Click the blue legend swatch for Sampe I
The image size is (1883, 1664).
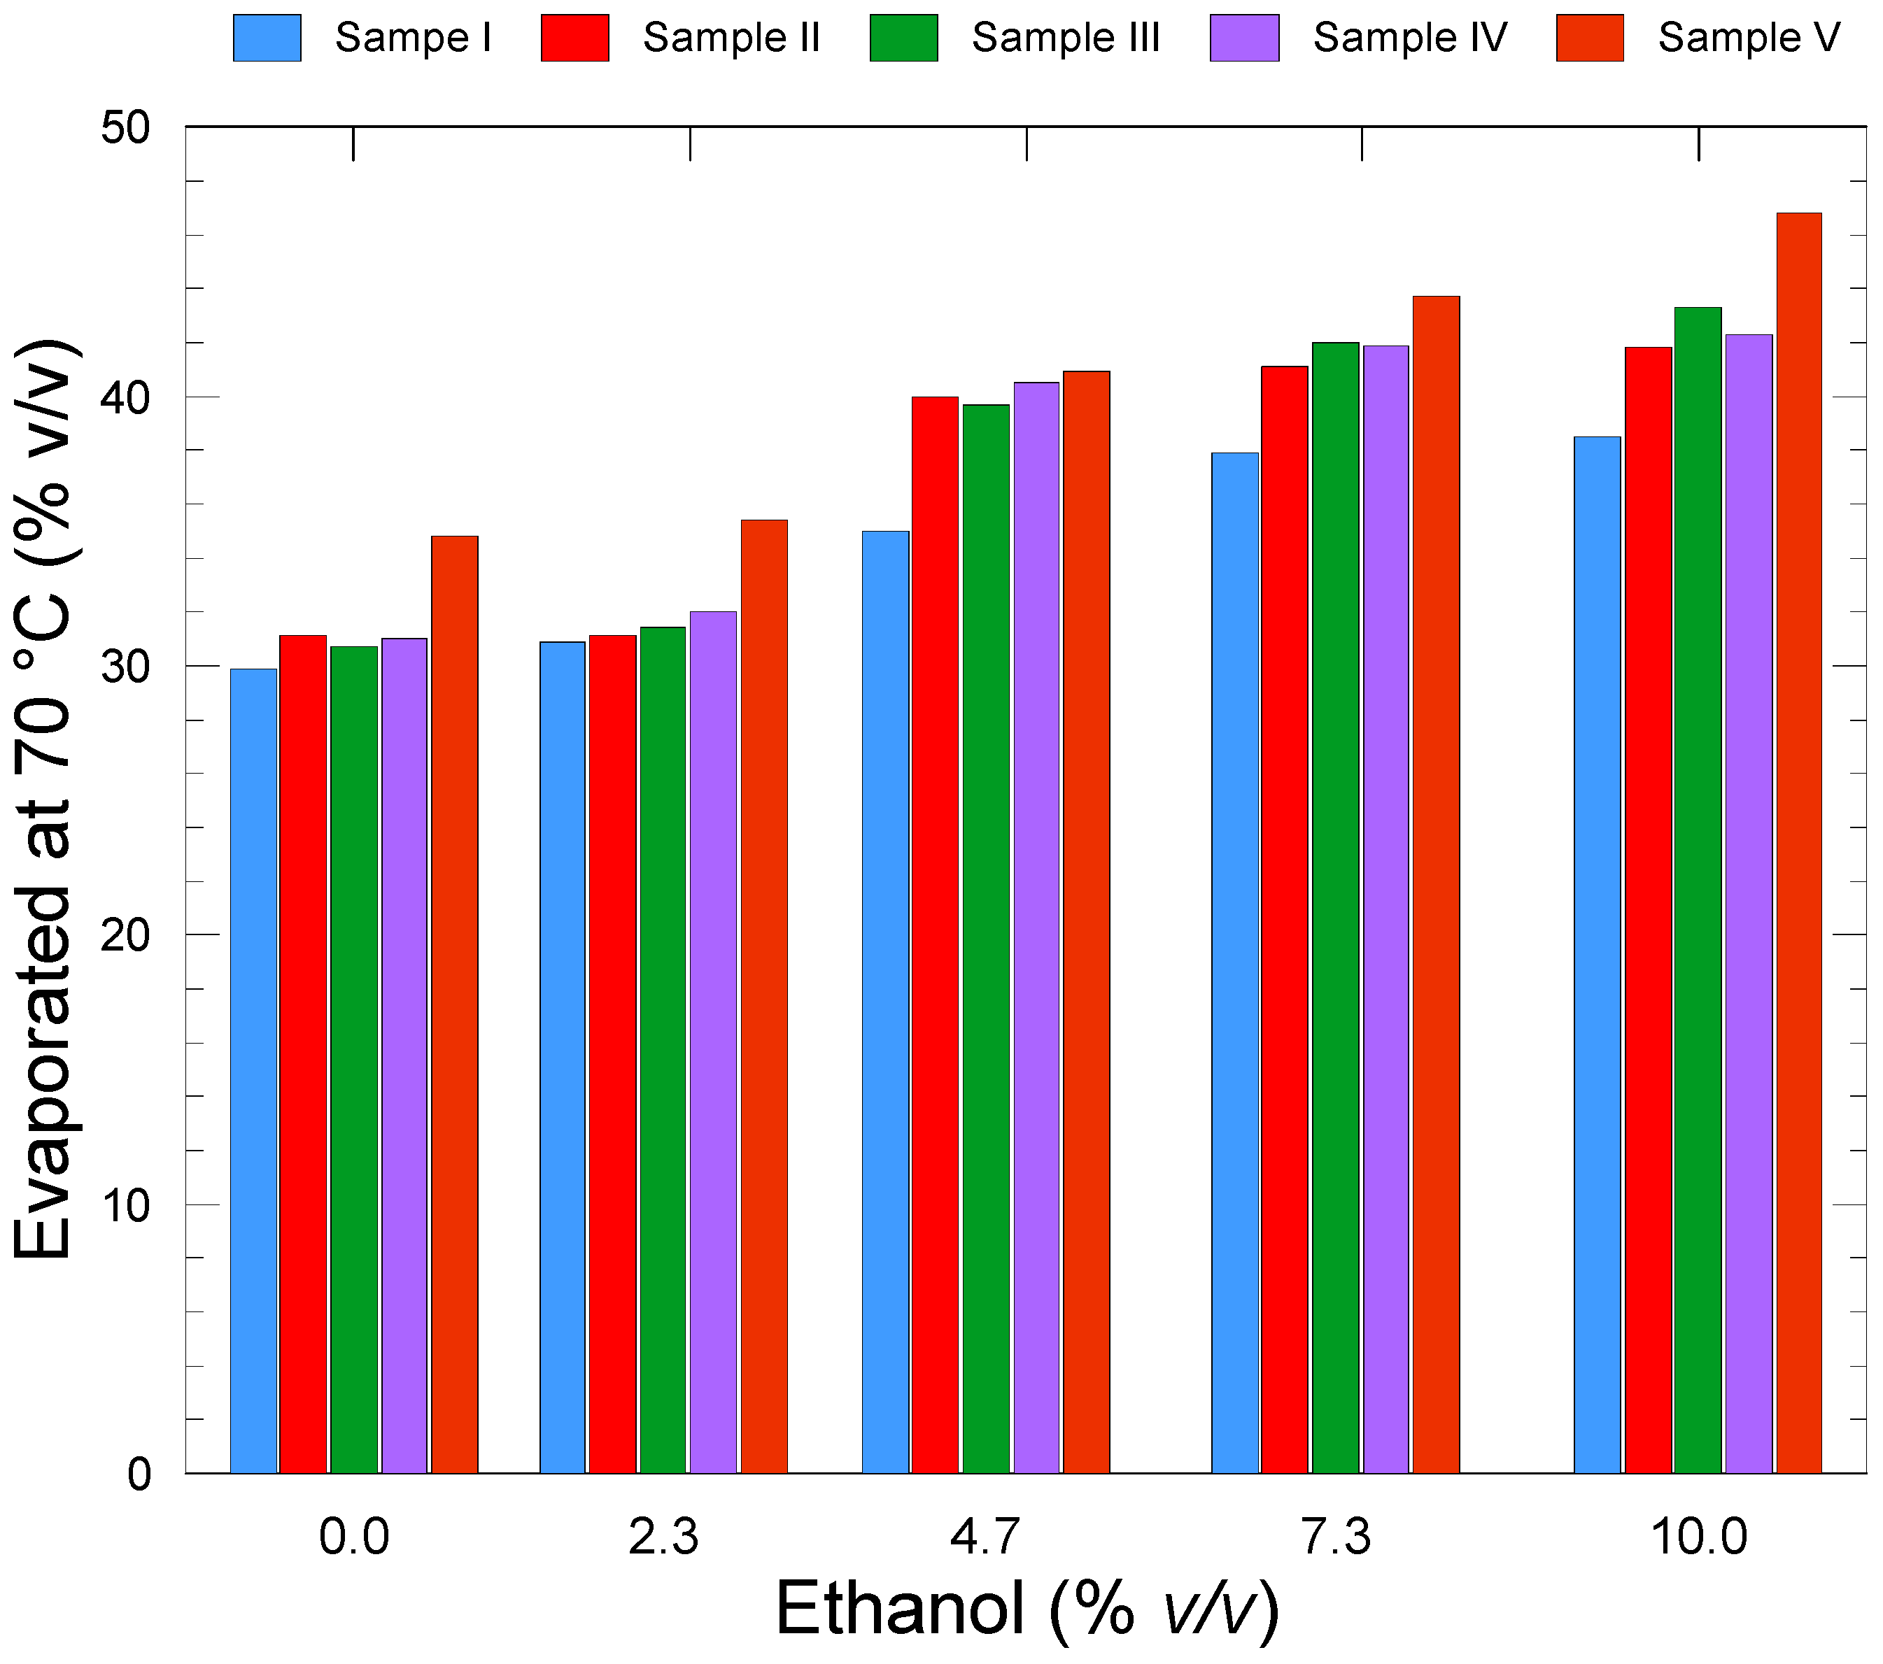pos(267,38)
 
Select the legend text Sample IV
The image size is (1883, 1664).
pos(1409,38)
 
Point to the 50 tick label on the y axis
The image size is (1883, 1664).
pos(125,128)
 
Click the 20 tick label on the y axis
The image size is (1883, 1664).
pos(125,937)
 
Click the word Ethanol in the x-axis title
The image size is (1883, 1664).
pos(899,1609)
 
